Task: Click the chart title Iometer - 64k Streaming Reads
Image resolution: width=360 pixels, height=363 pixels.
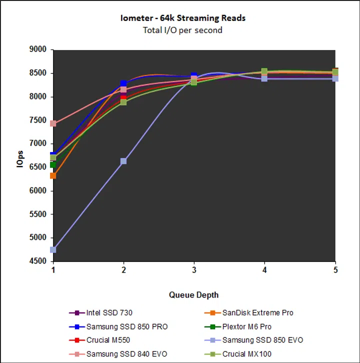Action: [x=182, y=18]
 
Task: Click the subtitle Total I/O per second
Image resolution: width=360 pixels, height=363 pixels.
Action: [x=182, y=30]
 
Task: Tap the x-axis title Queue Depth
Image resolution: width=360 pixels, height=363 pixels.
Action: [x=194, y=294]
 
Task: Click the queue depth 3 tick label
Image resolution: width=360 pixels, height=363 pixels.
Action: [x=194, y=270]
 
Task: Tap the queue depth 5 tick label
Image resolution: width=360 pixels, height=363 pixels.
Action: [x=335, y=270]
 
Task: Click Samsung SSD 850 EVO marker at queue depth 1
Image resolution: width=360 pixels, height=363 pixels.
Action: [x=53, y=249]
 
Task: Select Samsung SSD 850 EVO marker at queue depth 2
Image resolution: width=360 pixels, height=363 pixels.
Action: [x=123, y=161]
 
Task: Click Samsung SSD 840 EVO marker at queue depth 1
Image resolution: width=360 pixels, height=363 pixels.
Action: [x=53, y=123]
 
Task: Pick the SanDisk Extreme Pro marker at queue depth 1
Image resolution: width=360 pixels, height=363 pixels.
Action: [x=53, y=176]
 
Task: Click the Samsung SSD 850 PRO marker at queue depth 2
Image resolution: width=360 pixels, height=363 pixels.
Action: [x=123, y=83]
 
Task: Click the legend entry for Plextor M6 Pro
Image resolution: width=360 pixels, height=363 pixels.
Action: [x=245, y=327]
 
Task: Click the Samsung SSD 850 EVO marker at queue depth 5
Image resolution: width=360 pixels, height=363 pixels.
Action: [x=335, y=78]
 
